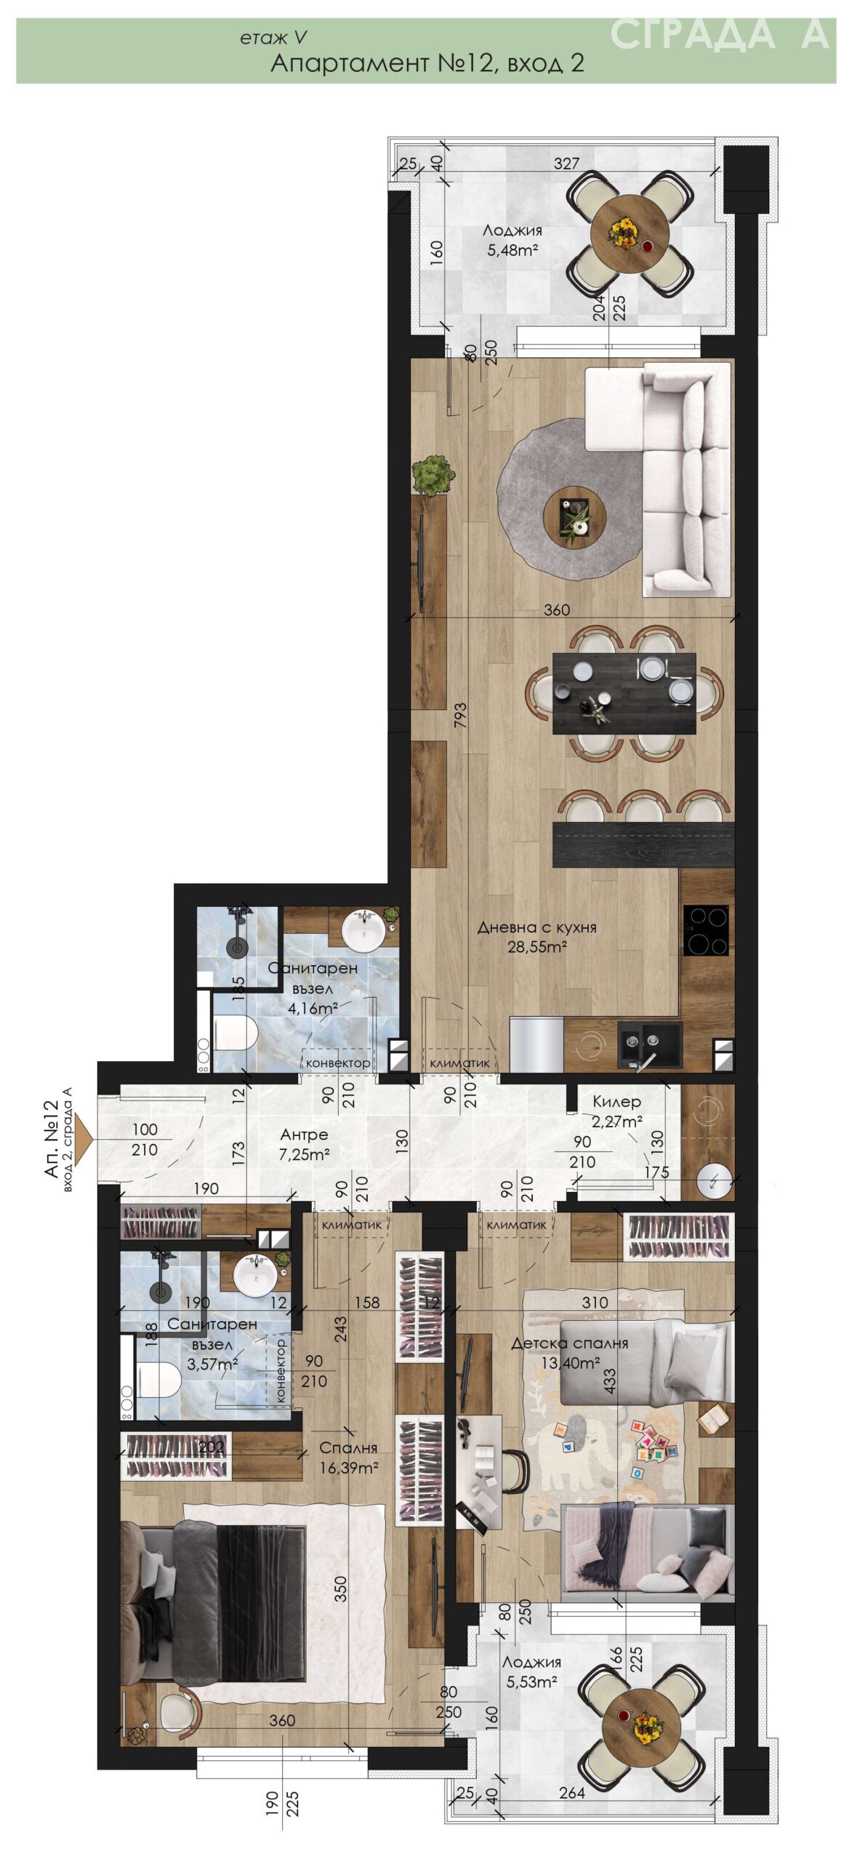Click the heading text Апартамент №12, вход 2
tap(427, 63)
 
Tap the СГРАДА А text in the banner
tap(719, 33)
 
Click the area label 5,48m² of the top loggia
tap(513, 252)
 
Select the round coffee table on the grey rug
tap(574, 517)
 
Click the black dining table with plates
tap(624, 693)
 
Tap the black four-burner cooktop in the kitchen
tap(704, 930)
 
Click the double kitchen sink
tap(650, 1044)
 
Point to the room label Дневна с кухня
tap(536, 927)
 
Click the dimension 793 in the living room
tap(459, 715)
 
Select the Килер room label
tap(616, 1101)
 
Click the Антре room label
tap(304, 1135)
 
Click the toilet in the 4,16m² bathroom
tap(235, 1033)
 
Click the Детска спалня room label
tap(569, 1343)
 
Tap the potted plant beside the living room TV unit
tap(433, 475)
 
